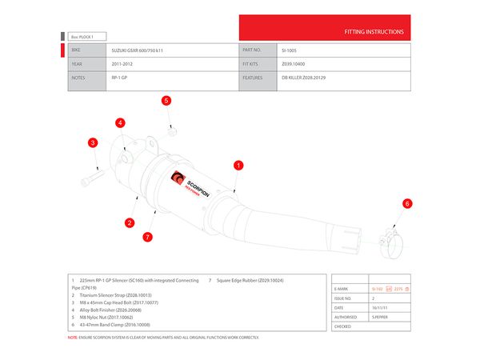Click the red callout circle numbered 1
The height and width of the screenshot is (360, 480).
[238, 165]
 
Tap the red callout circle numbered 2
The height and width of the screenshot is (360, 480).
[130, 222]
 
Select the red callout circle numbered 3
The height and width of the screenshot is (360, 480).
[93, 142]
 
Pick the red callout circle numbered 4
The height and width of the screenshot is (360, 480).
[120, 123]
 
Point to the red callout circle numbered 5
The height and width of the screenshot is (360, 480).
[166, 101]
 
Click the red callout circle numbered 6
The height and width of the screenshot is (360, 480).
[406, 204]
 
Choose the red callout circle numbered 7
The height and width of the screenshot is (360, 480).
[147, 237]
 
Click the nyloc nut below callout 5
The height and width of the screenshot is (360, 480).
[172, 128]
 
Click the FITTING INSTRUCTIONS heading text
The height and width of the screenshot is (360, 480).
[374, 33]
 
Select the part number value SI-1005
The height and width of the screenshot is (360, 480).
[290, 50]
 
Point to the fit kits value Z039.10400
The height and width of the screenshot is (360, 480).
[295, 64]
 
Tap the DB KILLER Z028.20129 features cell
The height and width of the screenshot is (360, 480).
[303, 78]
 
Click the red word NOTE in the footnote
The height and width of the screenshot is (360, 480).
[72, 337]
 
